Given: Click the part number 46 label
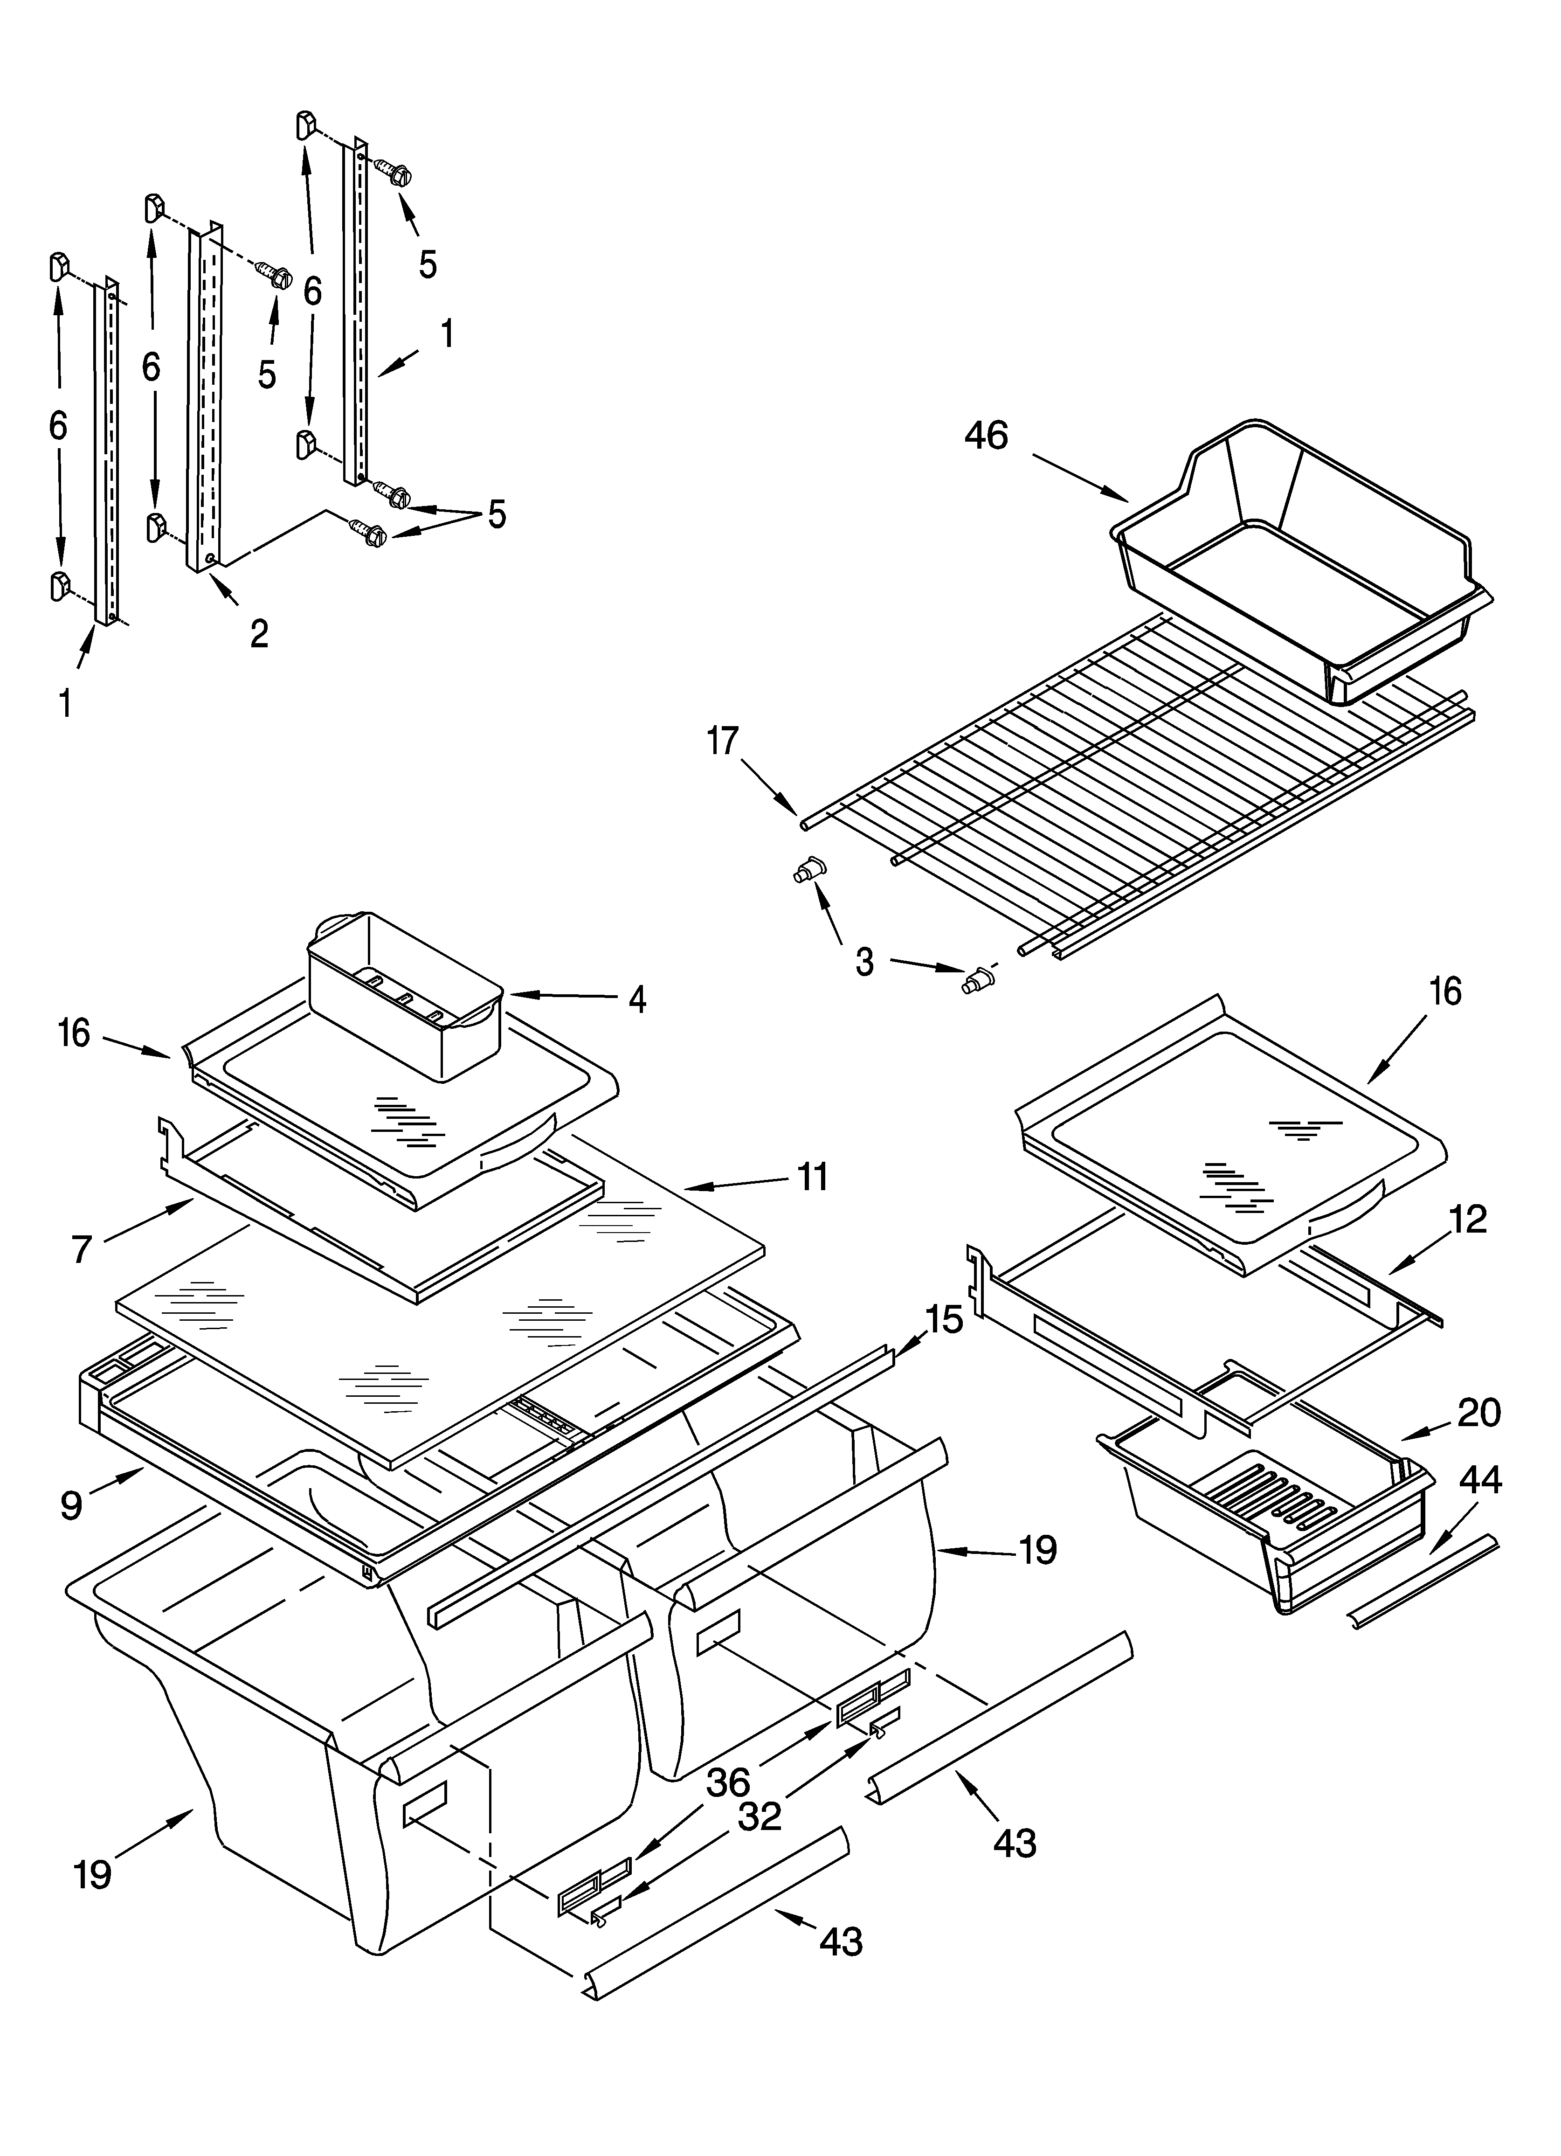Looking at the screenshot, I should point(986,436).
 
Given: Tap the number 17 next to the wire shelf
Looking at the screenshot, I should point(723,741).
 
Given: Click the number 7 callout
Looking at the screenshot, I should point(82,1249).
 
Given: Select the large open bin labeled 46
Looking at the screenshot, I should point(1302,561).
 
